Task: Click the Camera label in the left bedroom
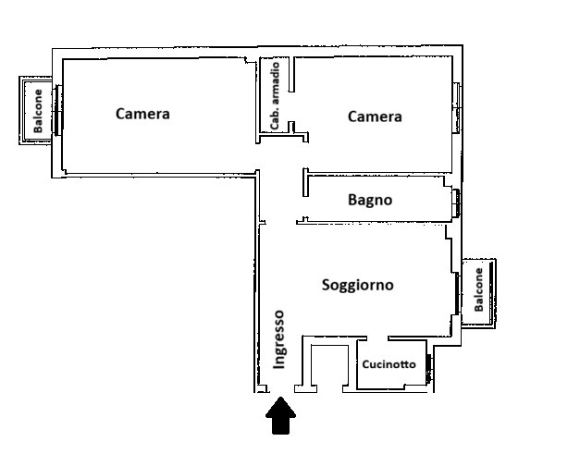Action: click(x=142, y=114)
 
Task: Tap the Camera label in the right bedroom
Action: click(x=375, y=117)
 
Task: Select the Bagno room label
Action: click(x=370, y=200)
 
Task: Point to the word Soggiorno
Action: click(x=357, y=285)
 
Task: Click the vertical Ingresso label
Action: click(x=279, y=339)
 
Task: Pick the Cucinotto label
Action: click(x=389, y=364)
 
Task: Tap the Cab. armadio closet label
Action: click(x=275, y=96)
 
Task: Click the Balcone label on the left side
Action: click(x=38, y=111)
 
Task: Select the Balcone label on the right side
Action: click(x=478, y=289)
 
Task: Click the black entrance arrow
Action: click(x=281, y=415)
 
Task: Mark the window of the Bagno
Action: click(x=456, y=202)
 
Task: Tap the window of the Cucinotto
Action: click(x=428, y=369)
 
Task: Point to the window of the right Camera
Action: click(x=457, y=107)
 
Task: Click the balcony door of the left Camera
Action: click(x=57, y=110)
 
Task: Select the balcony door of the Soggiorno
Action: click(x=457, y=293)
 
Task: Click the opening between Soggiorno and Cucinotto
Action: click(x=377, y=337)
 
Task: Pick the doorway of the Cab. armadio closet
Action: click(x=291, y=106)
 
